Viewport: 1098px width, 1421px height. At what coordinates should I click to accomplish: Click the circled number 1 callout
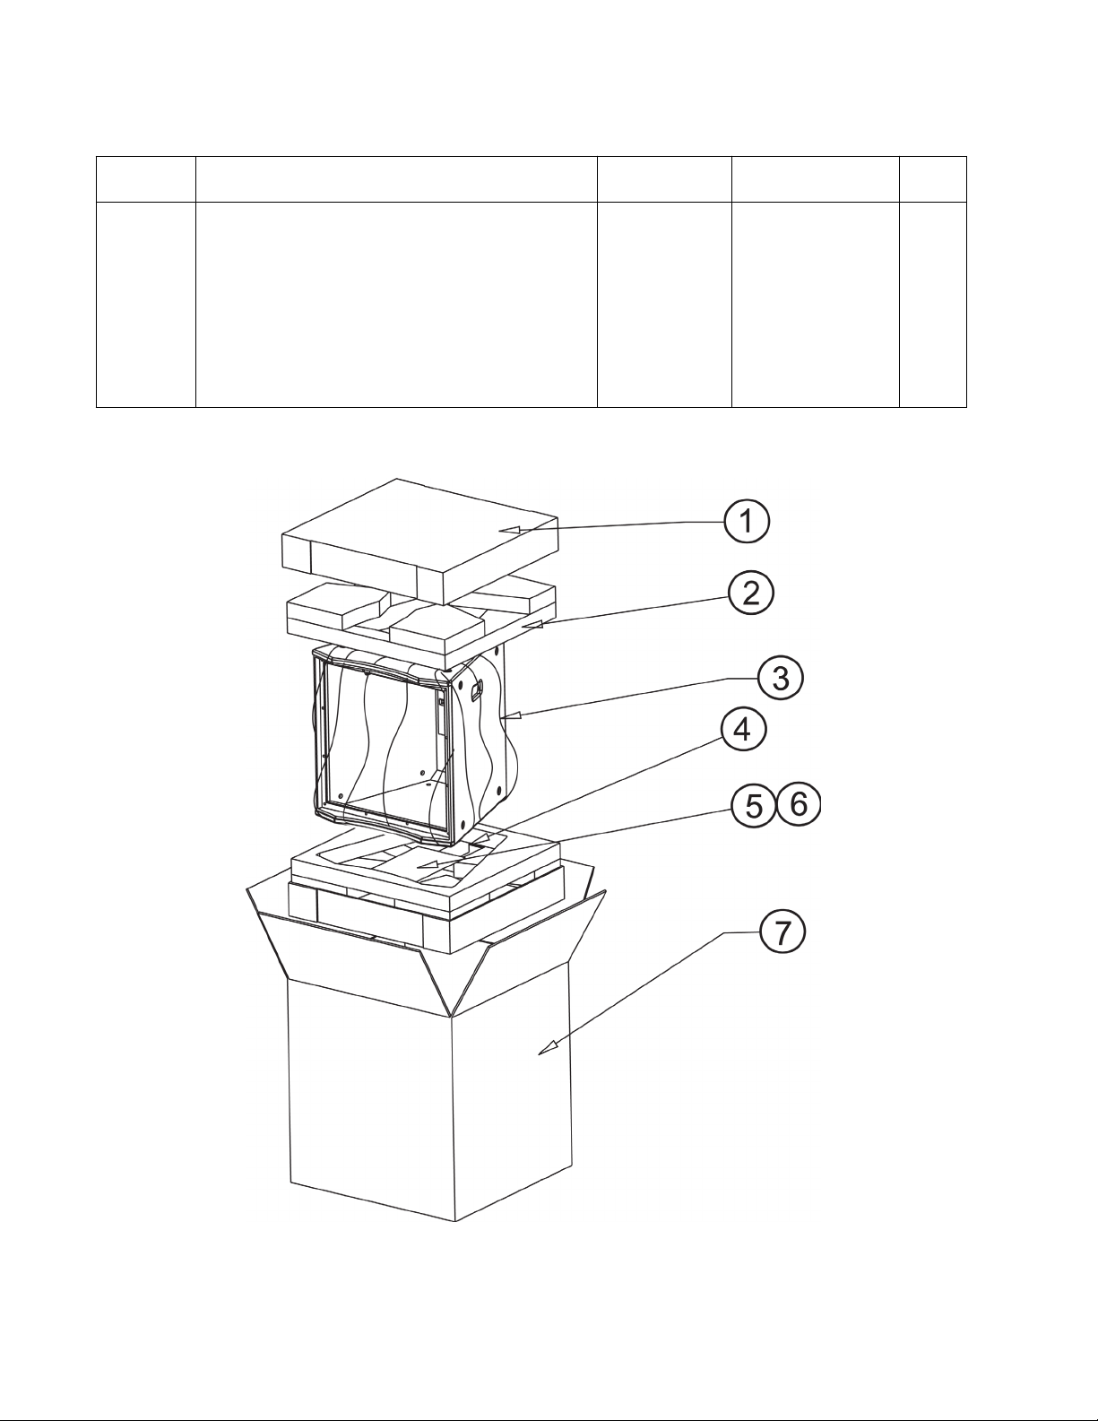point(747,522)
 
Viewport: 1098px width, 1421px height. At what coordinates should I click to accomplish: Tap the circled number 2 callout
point(751,594)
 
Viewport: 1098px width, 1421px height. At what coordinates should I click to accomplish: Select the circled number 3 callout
point(781,679)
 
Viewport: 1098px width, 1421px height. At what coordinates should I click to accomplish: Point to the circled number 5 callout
point(754,805)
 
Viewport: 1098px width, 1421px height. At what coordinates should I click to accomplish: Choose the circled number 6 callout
point(799,803)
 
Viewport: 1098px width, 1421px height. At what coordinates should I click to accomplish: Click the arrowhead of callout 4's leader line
point(481,837)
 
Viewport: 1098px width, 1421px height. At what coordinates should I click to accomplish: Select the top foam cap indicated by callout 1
point(420,542)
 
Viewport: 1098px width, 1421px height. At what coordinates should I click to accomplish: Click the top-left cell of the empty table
point(146,179)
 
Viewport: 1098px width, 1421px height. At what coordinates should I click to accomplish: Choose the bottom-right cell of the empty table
point(933,305)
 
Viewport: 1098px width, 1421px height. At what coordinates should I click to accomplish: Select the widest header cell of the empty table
point(397,179)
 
